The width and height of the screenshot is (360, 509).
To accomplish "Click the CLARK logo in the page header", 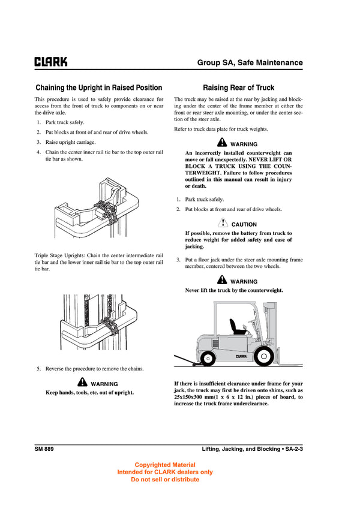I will [50, 62].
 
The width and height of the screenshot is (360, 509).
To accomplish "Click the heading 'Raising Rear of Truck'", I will [238, 88].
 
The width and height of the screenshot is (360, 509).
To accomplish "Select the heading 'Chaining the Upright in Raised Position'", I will [98, 88].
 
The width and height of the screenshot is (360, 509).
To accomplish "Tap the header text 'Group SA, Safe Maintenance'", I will [250, 62].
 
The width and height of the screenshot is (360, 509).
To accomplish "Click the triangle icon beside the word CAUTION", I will [223, 224].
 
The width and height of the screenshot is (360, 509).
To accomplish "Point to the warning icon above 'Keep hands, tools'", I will [83, 383].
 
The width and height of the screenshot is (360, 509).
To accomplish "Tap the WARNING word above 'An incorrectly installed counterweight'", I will [244, 144].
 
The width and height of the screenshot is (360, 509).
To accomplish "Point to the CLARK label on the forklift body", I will [241, 356].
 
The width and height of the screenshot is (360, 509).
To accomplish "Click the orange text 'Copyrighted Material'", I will [165, 465].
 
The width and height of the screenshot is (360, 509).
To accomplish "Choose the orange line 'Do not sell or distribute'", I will [165, 479].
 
